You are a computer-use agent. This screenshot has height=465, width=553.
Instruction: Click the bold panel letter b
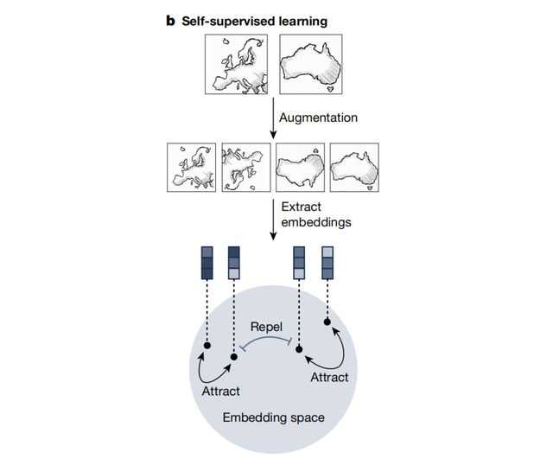coord(170,19)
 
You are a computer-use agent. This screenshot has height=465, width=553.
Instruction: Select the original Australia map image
coord(311,65)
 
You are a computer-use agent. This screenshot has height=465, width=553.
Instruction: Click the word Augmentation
coord(318,116)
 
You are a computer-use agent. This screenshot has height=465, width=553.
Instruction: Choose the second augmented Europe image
coord(246,168)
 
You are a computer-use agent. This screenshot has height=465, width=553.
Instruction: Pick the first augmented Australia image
coord(300,168)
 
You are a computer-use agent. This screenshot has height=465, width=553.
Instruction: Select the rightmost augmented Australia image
coord(355,168)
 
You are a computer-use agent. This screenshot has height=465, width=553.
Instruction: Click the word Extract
coord(301,206)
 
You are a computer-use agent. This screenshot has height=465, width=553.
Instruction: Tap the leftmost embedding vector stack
coord(207,263)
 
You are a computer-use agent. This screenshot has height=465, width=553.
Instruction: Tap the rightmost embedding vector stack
coord(328,263)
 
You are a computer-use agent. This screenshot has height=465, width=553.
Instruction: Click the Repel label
coord(266,328)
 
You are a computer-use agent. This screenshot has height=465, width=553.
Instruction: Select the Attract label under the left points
coord(220,391)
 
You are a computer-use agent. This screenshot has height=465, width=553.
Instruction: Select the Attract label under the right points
coord(328,377)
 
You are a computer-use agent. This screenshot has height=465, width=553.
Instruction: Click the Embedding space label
coord(273,417)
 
